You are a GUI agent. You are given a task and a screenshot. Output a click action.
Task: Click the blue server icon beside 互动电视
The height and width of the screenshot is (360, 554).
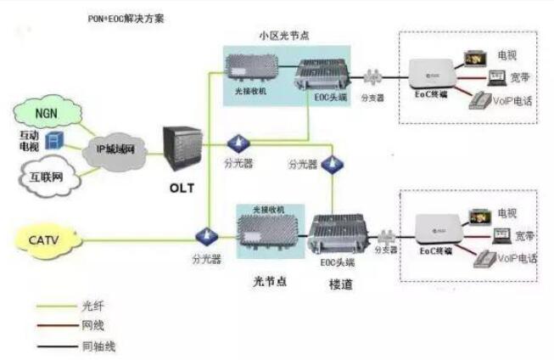(x=53, y=138)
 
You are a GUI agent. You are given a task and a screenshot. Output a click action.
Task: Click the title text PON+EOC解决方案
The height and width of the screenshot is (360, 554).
(x=125, y=17)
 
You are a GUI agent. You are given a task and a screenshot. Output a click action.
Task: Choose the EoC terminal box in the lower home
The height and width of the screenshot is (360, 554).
(x=440, y=230)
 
